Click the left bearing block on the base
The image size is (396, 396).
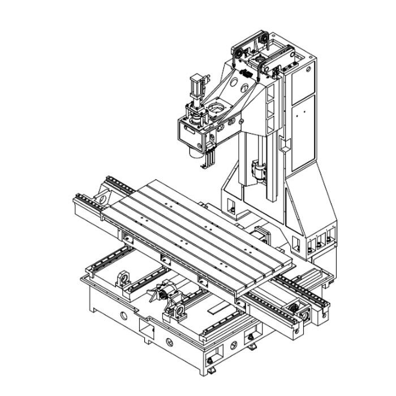pos(124,279)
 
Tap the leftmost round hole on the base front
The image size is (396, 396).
pos(123,314)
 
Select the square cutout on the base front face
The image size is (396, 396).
pos(147,329)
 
